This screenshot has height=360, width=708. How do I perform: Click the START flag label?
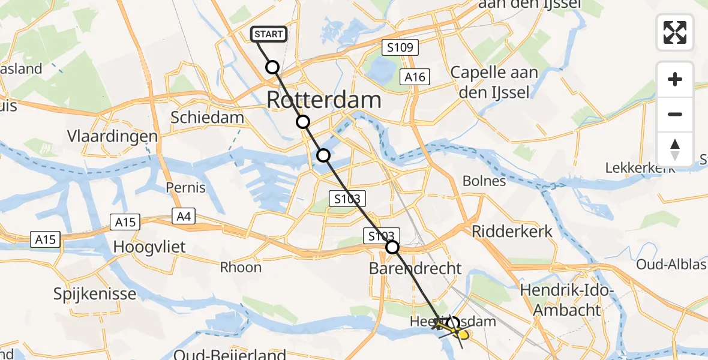click(x=269, y=34)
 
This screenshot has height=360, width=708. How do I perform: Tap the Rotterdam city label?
click(x=323, y=100)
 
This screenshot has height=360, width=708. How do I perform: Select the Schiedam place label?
click(x=208, y=117)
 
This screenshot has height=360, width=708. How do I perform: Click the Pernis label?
click(x=185, y=187)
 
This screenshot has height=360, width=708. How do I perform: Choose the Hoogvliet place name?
click(x=149, y=247)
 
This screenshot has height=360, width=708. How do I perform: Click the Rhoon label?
click(x=241, y=268)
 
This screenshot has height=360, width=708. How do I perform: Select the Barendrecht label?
click(x=416, y=268)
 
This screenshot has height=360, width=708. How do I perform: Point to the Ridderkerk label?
click(x=512, y=232)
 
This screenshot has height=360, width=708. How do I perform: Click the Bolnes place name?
click(x=484, y=181)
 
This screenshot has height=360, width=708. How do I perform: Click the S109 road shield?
click(x=400, y=47)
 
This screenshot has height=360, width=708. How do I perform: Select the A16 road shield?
click(x=415, y=77)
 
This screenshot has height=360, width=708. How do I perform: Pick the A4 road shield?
click(x=184, y=216)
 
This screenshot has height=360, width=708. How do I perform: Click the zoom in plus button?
click(x=675, y=80)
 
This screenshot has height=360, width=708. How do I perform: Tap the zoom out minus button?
click(x=675, y=115)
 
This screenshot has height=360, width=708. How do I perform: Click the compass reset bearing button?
click(x=675, y=149)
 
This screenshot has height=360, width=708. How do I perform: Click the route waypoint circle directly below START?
click(x=272, y=67)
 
